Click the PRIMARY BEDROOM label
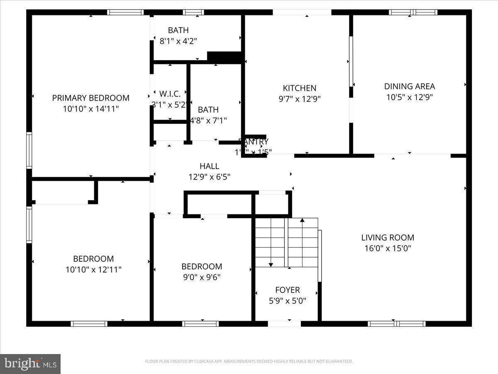pyautogui.click(x=90, y=98)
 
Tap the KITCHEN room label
pyautogui.click(x=299, y=88)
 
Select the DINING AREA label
pyautogui.click(x=409, y=86)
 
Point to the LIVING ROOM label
pyautogui.click(x=387, y=238)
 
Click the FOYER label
pyautogui.click(x=287, y=290)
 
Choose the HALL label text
pyautogui.click(x=209, y=166)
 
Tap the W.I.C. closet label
pyautogui.click(x=170, y=94)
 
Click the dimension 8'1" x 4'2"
pyautogui.click(x=178, y=41)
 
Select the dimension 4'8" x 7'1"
pyautogui.click(x=208, y=121)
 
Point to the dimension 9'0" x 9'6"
pyautogui.click(x=201, y=277)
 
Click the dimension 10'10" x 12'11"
pyautogui.click(x=93, y=270)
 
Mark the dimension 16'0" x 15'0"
pyautogui.click(x=387, y=249)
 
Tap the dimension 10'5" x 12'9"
pyautogui.click(x=409, y=97)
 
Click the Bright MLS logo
pyautogui.click(x=30, y=364)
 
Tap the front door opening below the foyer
pyautogui.click(x=284, y=323)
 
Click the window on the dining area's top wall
pyautogui.click(x=413, y=12)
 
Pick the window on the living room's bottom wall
pyautogui.click(x=396, y=323)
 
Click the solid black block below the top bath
pyautogui.click(x=224, y=57)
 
